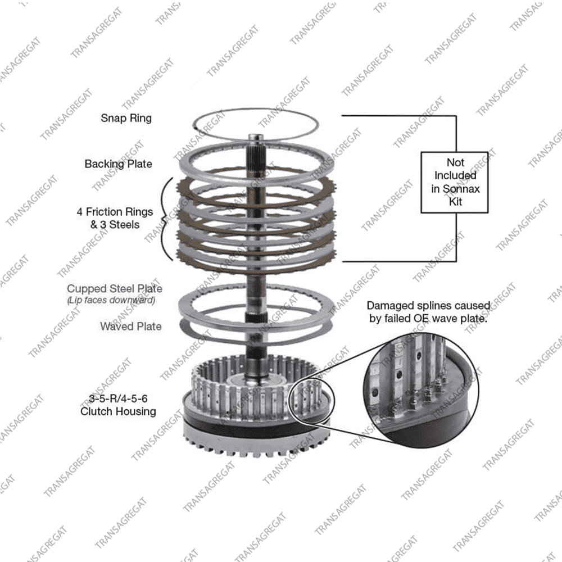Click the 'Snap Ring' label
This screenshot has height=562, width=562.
[x=126, y=118]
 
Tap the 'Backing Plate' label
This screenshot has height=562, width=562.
[x=118, y=164]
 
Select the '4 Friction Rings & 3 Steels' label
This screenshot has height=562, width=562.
[x=115, y=218]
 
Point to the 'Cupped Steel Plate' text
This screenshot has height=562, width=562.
[x=114, y=288]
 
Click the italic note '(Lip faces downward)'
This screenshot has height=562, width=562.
[x=111, y=300]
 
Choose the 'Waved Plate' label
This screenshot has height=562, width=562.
[x=131, y=326]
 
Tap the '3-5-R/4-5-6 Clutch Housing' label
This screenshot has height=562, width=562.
[x=118, y=405]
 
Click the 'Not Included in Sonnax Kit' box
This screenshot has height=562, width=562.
[x=455, y=183]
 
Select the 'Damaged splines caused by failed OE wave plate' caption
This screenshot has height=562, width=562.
[x=428, y=312]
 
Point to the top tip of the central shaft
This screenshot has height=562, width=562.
[x=256, y=135]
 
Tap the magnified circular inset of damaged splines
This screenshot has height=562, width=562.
[x=422, y=391]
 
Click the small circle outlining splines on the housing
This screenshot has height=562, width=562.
[x=311, y=399]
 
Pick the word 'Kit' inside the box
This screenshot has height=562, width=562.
[x=456, y=201]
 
